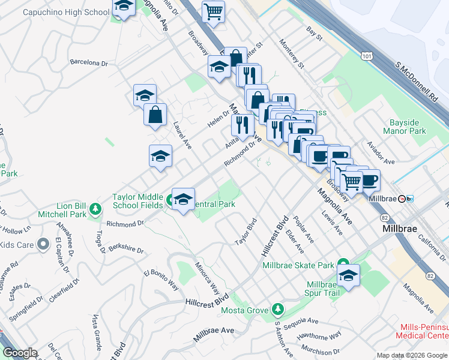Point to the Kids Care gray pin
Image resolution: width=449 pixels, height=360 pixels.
coord(43,244)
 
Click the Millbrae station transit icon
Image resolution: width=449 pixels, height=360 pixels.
coord(410,199)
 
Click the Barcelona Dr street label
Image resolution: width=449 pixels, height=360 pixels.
coord(88,62)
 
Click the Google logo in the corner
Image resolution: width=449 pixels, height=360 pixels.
coord(19,353)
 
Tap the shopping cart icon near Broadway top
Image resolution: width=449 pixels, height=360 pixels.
coord(213,10)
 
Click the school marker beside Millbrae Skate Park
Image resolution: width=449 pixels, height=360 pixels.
coord(348,275)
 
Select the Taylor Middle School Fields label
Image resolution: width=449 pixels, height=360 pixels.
coord(137,201)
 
